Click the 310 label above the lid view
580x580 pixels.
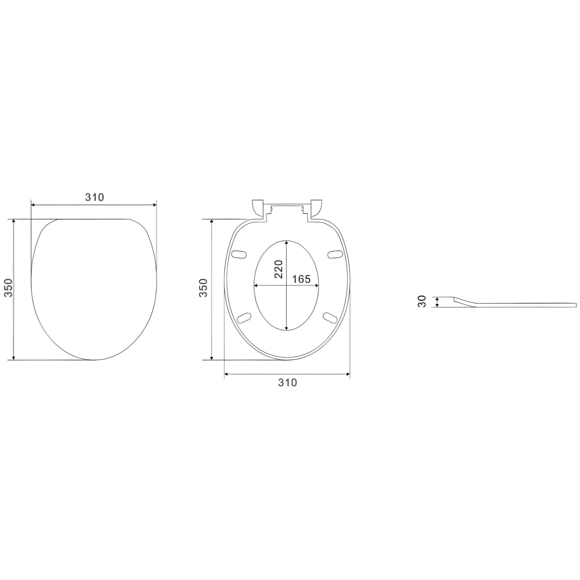pos(95,197)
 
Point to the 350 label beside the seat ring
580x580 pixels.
pos(203,288)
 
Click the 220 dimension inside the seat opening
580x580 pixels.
pos(279,269)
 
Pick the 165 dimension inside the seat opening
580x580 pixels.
pos(301,279)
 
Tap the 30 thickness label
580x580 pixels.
pos(422,301)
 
